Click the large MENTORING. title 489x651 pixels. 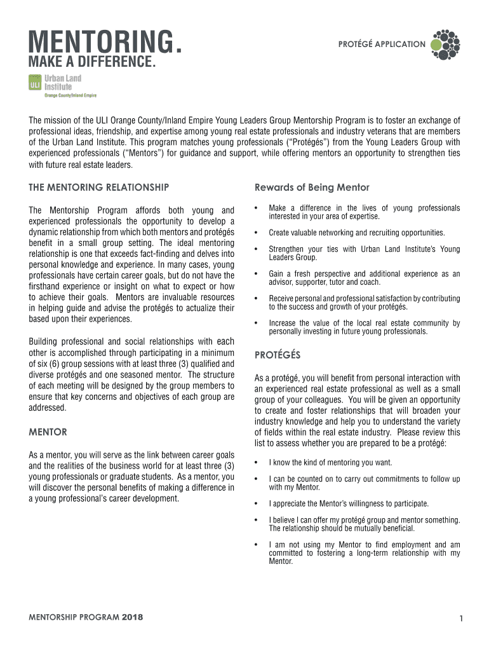click(x=104, y=43)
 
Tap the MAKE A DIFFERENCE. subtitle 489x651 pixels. click(x=92, y=63)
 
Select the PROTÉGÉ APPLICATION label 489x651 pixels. click(x=382, y=45)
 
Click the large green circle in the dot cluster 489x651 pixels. click(x=436, y=45)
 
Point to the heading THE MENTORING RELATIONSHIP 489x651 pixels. click(x=99, y=187)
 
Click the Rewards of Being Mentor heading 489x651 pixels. click(x=312, y=187)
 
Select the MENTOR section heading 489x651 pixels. click(x=48, y=432)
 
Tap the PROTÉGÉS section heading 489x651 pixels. click(x=278, y=354)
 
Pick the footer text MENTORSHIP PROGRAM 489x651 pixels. click(x=74, y=617)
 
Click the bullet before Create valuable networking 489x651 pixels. click(x=255, y=233)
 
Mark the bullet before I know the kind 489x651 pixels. click(x=255, y=463)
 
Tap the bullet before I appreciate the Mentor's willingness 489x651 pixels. click(x=255, y=504)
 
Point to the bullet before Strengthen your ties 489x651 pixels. click(x=255, y=249)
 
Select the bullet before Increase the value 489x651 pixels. click(x=255, y=323)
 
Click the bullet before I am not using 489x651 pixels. click(x=255, y=545)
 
